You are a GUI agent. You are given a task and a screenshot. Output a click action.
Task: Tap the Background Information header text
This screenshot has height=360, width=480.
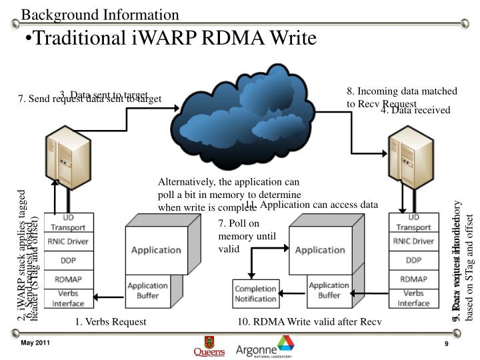tap(99, 14)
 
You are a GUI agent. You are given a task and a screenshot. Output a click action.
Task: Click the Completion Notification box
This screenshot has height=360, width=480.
tap(255, 293)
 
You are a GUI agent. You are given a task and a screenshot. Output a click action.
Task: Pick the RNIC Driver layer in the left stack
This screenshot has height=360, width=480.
tap(69, 241)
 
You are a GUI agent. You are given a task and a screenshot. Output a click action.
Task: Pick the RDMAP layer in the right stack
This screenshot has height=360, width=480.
tap(413, 279)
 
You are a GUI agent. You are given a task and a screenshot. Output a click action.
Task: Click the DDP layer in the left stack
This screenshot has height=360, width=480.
tap(69, 260)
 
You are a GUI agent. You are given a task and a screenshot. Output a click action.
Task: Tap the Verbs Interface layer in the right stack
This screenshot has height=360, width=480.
tap(413, 298)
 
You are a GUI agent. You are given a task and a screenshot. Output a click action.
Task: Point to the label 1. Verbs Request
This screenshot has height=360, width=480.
tap(111, 322)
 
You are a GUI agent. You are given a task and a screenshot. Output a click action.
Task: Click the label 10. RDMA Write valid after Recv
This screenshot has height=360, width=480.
tap(310, 322)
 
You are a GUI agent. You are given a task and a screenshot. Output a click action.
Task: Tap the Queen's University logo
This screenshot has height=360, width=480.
tap(209, 346)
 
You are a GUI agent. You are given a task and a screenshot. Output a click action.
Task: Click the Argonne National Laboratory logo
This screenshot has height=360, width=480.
tap(265, 346)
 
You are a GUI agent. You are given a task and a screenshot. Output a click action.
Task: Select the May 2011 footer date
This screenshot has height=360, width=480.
tap(35, 343)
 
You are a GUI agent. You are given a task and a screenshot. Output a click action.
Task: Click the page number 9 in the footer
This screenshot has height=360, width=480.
tap(446, 343)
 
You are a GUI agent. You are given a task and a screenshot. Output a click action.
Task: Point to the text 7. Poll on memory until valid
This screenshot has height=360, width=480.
tap(239, 236)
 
